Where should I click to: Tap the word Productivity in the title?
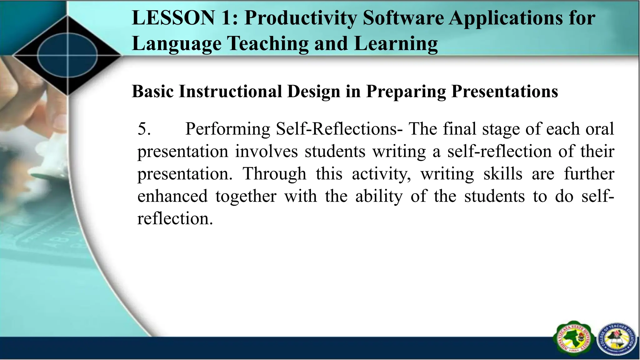[x=300, y=18]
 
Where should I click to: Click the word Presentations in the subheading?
[x=504, y=92]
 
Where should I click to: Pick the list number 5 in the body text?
[x=144, y=129]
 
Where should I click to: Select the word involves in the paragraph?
[x=266, y=152]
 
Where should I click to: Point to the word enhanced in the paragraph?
[x=172, y=197]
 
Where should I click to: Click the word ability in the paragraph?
[x=379, y=197]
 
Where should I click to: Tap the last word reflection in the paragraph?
[x=175, y=219]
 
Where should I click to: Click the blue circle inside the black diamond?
[x=67, y=56]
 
